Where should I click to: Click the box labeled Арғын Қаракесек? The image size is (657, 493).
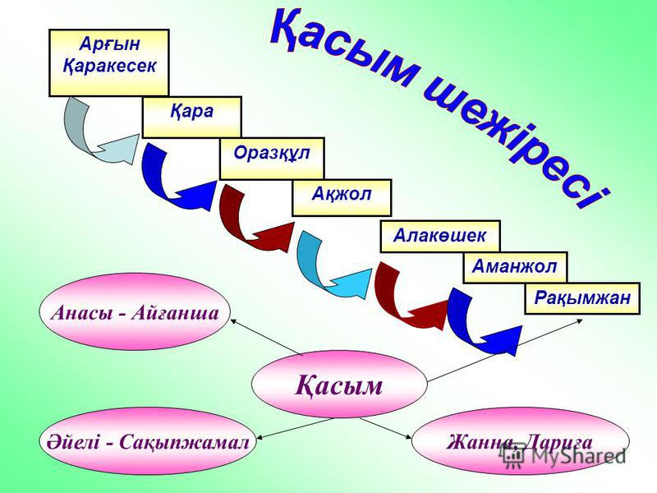click(x=109, y=63)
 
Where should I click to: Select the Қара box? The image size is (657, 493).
click(x=192, y=117)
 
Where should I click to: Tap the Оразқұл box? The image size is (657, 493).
click(x=273, y=159)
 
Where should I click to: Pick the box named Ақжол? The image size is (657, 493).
click(x=342, y=198)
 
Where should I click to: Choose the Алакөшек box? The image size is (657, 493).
click(x=440, y=236)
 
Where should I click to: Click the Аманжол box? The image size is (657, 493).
click(x=515, y=268)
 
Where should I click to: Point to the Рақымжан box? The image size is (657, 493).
click(x=582, y=298)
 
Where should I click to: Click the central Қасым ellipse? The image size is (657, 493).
click(x=339, y=385)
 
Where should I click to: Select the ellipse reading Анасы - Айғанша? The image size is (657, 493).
click(x=135, y=312)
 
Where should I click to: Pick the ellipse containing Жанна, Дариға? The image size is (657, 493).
click(x=520, y=442)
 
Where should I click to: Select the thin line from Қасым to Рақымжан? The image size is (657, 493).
click(x=504, y=351)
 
